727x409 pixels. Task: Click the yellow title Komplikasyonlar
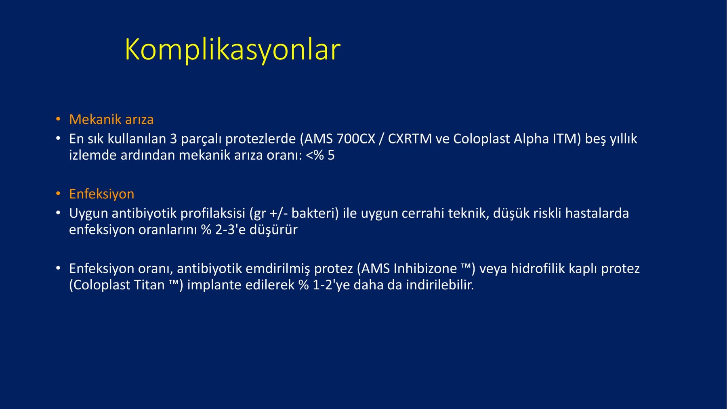(233, 50)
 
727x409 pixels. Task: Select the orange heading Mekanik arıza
(111, 120)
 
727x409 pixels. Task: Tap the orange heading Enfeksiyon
(101, 194)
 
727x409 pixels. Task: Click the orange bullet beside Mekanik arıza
(58, 119)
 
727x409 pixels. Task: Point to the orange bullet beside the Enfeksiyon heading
(58, 194)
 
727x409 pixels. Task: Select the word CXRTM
(410, 139)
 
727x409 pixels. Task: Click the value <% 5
(320, 155)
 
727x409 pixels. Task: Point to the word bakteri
(315, 213)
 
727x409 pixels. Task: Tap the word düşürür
(273, 230)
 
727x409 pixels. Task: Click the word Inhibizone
(425, 269)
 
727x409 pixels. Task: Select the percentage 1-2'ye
(331, 285)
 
